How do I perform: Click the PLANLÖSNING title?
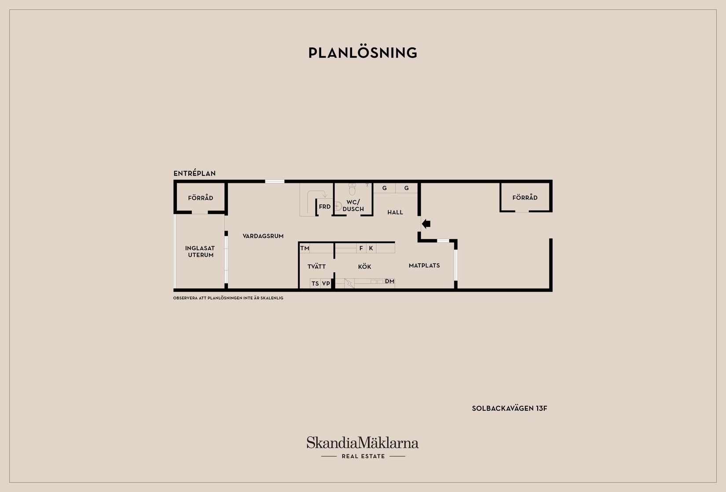[363, 53]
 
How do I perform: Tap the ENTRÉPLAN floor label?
[194, 173]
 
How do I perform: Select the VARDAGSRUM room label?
[263, 236]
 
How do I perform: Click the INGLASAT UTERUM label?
[200, 251]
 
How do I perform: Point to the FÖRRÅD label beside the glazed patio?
[201, 198]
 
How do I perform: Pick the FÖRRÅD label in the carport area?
[525, 197]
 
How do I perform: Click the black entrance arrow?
[426, 224]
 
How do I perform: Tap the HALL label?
[395, 212]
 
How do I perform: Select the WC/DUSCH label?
[353, 205]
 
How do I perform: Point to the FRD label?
[325, 207]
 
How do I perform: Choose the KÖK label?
[365, 266]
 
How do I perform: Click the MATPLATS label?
[424, 266]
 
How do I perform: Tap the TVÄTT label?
[317, 266]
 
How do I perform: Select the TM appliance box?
[305, 248]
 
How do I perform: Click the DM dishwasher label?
[389, 281]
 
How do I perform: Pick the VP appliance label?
[326, 284]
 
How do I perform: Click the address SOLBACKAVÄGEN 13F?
[510, 408]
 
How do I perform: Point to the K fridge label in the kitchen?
[371, 248]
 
